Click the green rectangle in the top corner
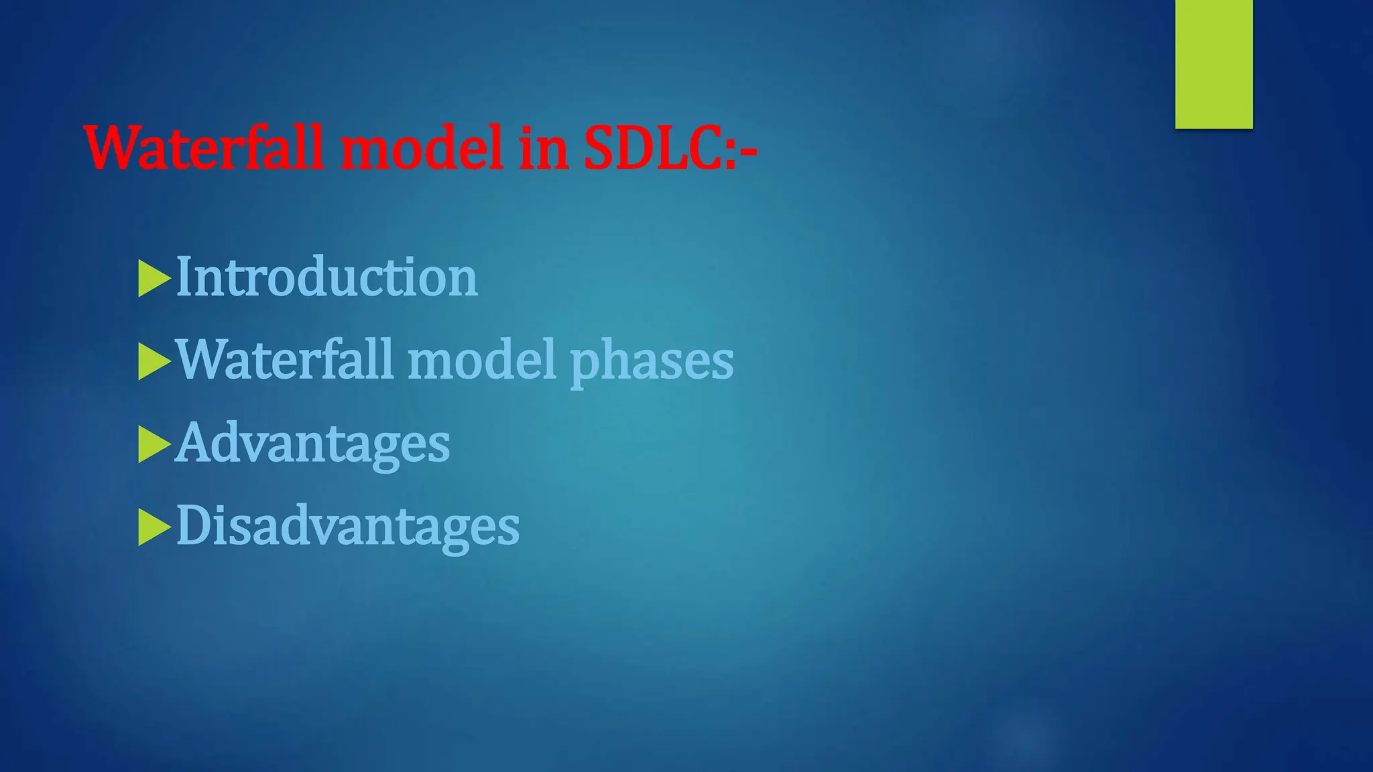tap(1213, 64)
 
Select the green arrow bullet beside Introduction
tap(154, 278)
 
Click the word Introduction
tap(326, 277)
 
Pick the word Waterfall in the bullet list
tap(284, 360)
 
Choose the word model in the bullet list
tap(482, 360)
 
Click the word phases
tap(652, 363)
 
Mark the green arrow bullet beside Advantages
tap(154, 444)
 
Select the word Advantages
tap(312, 444)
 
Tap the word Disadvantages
tap(347, 526)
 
